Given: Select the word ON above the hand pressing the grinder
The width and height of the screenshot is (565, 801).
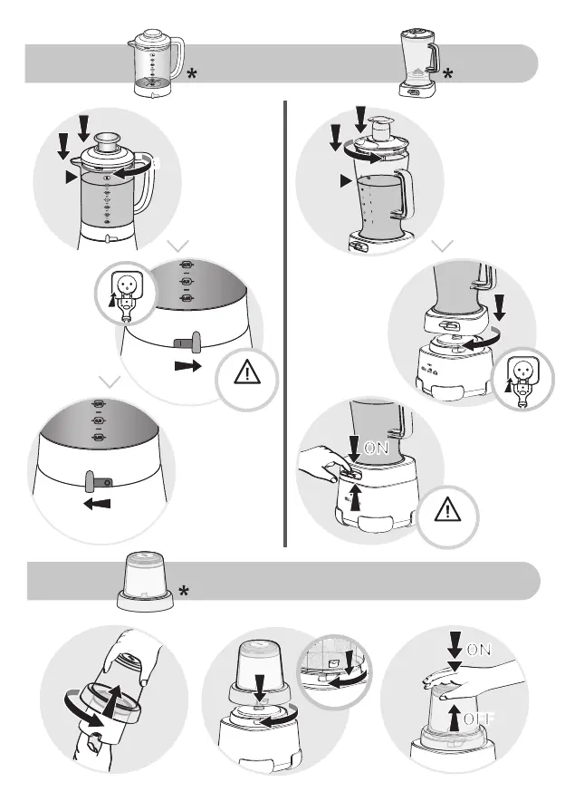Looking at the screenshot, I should tap(479, 651).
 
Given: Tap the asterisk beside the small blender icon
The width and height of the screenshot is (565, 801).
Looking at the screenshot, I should tap(449, 75).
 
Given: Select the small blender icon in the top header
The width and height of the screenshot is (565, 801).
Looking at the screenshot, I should tap(417, 62).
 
